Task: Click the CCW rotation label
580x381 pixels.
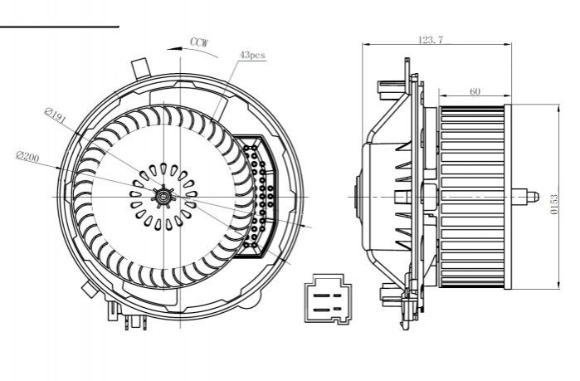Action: (199, 42)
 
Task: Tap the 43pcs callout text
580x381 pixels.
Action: (252, 55)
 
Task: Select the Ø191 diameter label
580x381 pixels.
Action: (55, 115)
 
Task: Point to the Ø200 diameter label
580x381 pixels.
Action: (27, 157)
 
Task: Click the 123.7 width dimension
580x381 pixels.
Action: (431, 40)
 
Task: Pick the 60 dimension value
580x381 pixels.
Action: (475, 91)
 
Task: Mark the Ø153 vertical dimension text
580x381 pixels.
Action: (553, 204)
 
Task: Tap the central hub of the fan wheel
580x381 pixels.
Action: (163, 197)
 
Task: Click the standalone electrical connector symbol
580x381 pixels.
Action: (327, 299)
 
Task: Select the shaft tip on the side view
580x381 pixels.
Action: (532, 198)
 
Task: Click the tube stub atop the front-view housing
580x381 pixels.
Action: (141, 68)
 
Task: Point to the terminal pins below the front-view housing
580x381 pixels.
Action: (135, 323)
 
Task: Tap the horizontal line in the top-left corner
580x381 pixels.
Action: (60, 27)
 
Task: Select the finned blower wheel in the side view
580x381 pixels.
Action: (472, 198)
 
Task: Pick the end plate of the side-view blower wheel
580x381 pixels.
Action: (508, 198)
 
